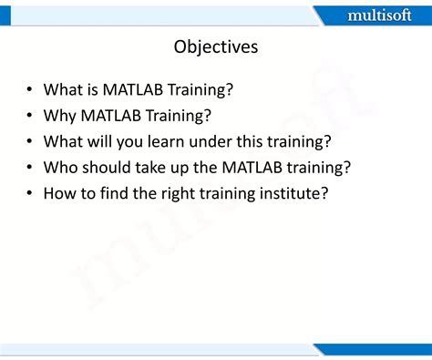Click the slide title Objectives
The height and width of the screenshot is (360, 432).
pyautogui.click(x=215, y=46)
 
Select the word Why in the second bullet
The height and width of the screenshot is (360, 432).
pyautogui.click(x=61, y=116)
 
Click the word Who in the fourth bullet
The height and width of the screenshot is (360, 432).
pyautogui.click(x=62, y=168)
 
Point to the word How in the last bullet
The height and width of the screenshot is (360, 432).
pyautogui.click(x=61, y=194)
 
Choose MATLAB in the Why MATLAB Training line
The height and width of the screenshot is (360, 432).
pyautogui.click(x=114, y=116)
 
